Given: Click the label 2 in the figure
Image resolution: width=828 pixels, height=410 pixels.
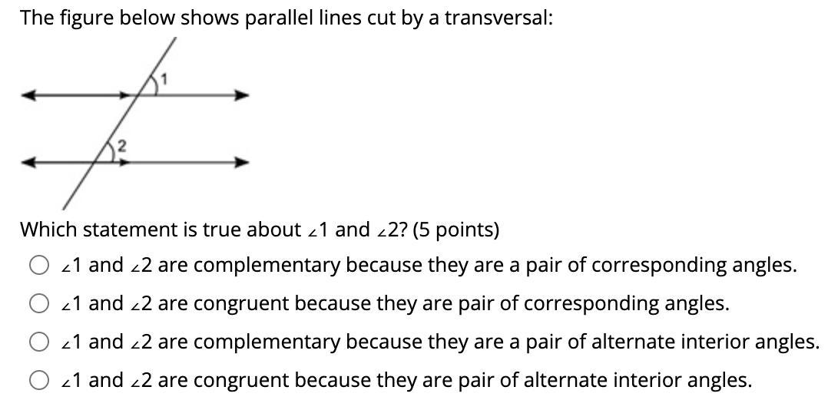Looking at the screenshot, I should point(121,145).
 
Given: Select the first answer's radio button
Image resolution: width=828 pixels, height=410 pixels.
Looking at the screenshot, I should point(39,266).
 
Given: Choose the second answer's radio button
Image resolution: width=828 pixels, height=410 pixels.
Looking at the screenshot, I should point(39,304).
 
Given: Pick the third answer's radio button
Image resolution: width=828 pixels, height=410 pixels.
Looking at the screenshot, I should point(39,342).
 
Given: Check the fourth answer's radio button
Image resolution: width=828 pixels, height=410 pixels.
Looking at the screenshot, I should point(39,380).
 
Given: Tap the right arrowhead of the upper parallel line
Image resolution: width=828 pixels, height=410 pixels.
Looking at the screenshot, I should point(243,96).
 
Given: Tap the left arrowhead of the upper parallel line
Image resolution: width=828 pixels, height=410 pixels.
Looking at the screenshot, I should point(28,96).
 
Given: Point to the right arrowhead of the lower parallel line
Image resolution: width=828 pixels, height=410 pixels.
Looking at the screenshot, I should point(243,162).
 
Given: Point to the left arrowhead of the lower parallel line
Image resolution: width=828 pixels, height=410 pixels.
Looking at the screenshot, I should point(28,162).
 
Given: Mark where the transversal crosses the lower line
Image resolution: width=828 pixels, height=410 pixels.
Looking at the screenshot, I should point(104,162).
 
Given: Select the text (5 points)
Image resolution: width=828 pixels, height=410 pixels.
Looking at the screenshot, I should point(456,230).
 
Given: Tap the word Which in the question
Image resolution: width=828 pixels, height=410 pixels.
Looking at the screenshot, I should point(48,230).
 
